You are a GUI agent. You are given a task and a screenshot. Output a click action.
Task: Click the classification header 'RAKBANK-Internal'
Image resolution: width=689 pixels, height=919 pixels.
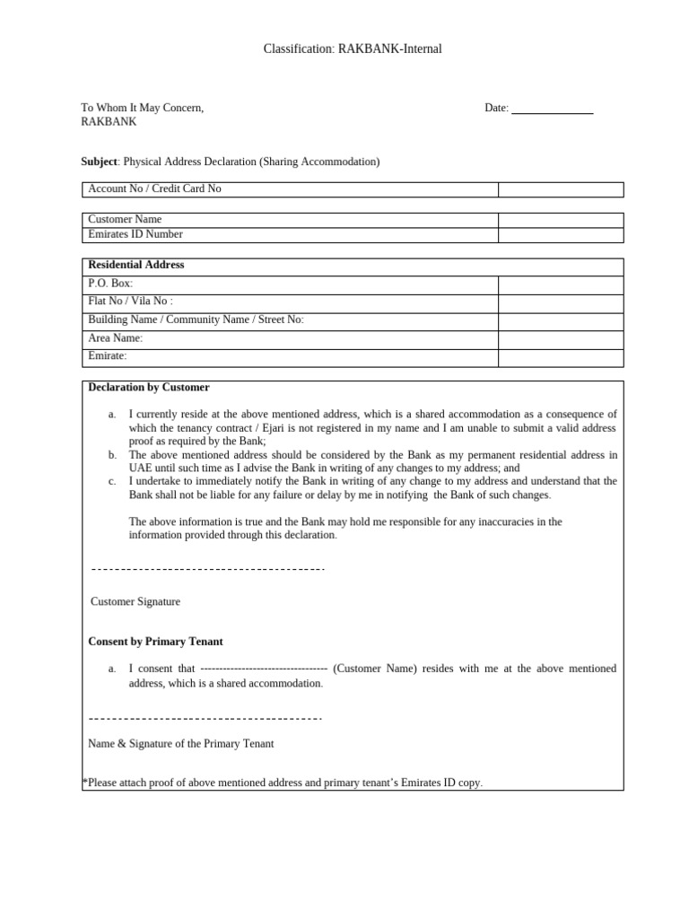click(x=389, y=49)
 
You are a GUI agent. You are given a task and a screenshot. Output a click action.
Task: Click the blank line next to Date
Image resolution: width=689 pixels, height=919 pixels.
click(x=552, y=109)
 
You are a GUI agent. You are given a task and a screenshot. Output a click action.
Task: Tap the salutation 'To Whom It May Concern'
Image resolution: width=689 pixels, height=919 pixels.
click(x=142, y=108)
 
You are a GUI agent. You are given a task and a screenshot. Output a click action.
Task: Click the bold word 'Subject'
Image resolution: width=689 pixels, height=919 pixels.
click(x=99, y=162)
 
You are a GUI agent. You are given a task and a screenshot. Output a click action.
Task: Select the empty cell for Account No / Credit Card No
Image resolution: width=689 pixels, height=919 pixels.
click(x=561, y=189)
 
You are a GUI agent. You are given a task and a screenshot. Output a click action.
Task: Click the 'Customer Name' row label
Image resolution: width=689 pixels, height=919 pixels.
click(x=125, y=219)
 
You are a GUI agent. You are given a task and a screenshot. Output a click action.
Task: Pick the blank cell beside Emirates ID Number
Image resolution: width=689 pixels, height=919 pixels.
click(x=561, y=234)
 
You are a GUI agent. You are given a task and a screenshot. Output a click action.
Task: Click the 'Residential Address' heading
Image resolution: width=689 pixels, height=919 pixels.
click(x=135, y=265)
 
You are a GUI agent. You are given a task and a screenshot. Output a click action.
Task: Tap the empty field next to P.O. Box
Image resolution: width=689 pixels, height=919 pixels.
click(x=561, y=284)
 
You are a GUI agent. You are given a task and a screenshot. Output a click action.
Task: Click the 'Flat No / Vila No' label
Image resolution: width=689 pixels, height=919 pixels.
click(x=130, y=302)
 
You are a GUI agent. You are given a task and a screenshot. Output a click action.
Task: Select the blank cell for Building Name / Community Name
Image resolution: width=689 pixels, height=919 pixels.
click(x=561, y=320)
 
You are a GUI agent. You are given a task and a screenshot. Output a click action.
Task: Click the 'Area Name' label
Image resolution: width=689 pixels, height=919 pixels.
click(x=115, y=338)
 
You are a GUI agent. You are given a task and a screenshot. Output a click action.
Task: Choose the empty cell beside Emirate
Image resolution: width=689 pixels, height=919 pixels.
click(x=561, y=357)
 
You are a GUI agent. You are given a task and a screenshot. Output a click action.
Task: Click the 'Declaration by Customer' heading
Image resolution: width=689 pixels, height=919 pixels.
click(x=149, y=388)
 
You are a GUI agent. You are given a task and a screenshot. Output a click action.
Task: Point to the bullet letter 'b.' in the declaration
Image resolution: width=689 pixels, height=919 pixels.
click(x=112, y=455)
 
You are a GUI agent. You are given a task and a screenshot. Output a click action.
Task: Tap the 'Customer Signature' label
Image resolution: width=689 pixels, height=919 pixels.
click(x=135, y=601)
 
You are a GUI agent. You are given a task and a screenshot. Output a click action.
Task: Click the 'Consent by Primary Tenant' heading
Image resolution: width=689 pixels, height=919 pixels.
click(x=155, y=642)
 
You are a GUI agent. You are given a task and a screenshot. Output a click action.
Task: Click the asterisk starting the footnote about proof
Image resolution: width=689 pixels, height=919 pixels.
click(x=84, y=782)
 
